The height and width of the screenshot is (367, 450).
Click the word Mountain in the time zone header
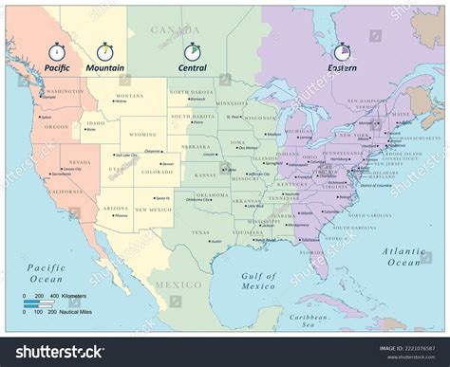pyautogui.click(x=107, y=69)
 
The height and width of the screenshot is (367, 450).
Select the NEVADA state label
pyautogui.click(x=59, y=162)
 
